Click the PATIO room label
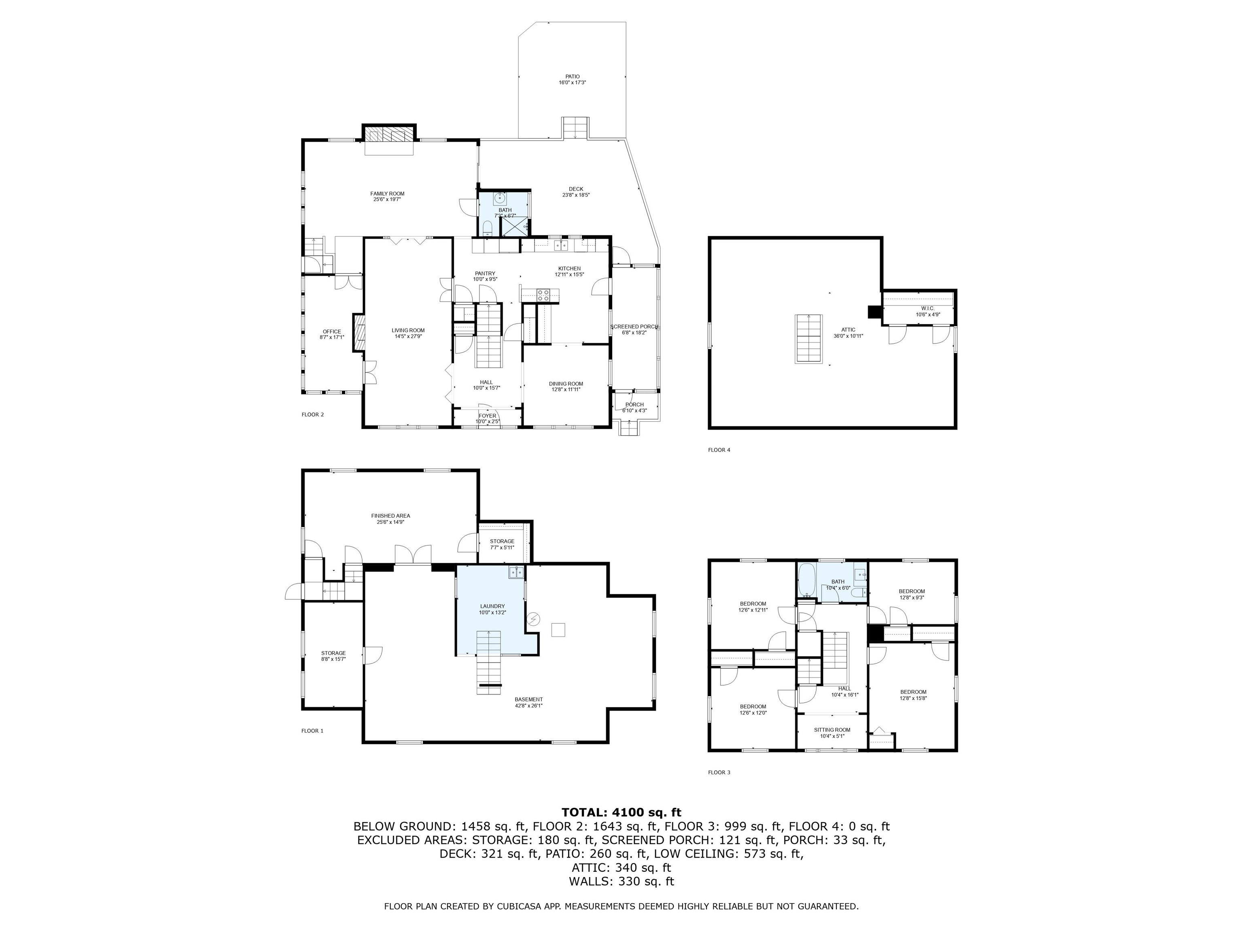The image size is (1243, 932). pos(572,77)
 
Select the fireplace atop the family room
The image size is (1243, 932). pos(388,134)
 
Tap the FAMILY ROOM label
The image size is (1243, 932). pos(387,194)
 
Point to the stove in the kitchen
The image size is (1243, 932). pos(543,294)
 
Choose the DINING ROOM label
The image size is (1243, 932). pos(566,384)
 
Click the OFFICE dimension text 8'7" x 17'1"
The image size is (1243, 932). pos(331,337)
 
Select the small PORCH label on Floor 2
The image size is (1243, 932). pos(634,405)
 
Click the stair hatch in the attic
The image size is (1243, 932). pos(808,339)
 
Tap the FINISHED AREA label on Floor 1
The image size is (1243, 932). pos(390,516)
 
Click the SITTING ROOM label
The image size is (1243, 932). pos(831,730)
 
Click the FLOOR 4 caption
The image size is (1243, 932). pos(719,450)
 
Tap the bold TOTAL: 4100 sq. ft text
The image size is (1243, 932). pos(621,812)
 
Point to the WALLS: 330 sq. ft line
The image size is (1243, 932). pos(621,881)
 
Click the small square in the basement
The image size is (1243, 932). pos(558,630)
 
